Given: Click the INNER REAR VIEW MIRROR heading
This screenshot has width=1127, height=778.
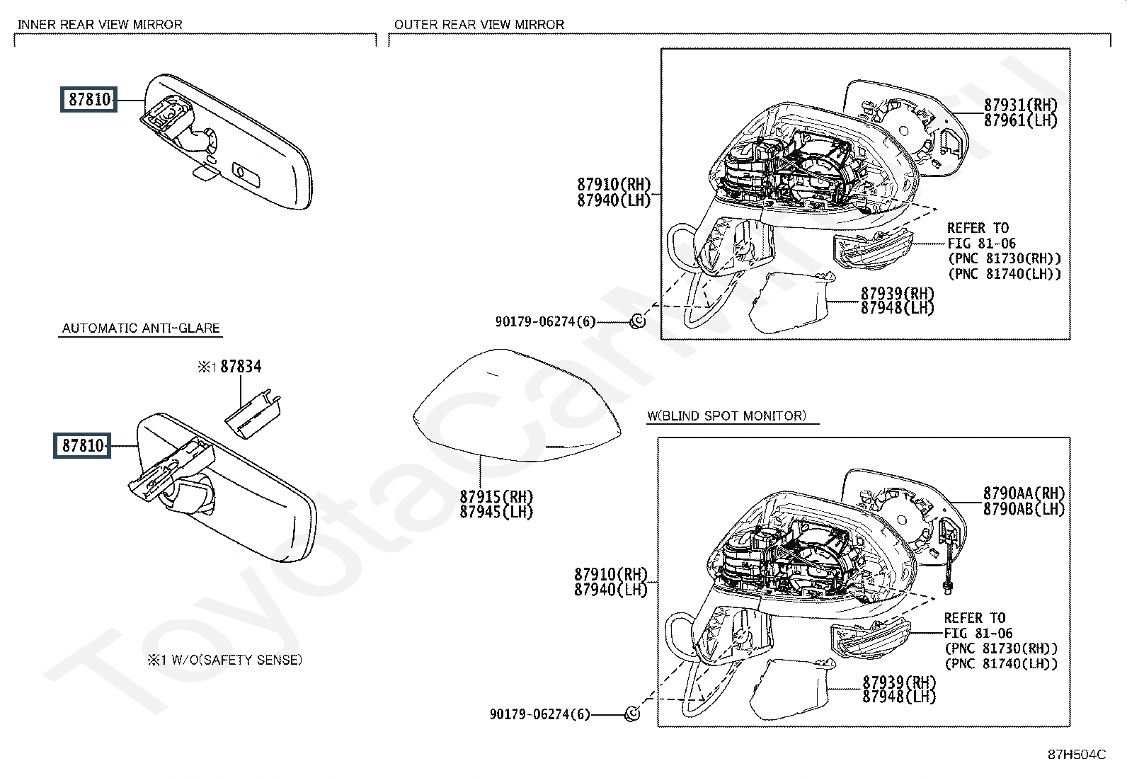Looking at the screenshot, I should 100,24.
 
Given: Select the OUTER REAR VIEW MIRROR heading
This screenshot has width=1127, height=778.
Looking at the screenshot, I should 479,24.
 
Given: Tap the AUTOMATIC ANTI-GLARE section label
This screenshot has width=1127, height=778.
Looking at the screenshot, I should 141,328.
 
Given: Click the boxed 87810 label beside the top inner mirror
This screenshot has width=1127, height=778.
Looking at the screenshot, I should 89,100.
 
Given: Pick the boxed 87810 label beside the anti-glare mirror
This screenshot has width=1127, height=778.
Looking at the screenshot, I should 83,446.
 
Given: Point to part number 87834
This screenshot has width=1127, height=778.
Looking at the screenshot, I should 241,366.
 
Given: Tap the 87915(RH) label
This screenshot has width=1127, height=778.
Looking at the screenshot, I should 496,497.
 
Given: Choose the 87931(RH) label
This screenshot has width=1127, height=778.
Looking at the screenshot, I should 1020,105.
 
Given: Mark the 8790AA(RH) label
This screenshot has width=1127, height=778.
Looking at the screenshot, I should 1023,493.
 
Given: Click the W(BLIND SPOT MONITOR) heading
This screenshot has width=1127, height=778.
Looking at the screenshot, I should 726,416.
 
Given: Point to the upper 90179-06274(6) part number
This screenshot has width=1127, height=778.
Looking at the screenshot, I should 545,322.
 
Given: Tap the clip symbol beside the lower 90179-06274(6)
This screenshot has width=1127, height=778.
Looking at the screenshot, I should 632,714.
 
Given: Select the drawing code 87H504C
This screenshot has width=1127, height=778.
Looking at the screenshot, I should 1076,754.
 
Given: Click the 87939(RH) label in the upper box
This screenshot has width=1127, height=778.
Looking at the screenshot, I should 898,293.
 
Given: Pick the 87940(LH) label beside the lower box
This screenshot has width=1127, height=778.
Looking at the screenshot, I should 611,589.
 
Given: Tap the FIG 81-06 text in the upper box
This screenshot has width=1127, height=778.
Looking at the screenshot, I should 981,244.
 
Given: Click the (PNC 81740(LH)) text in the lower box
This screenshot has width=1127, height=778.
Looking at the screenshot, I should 1001,663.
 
